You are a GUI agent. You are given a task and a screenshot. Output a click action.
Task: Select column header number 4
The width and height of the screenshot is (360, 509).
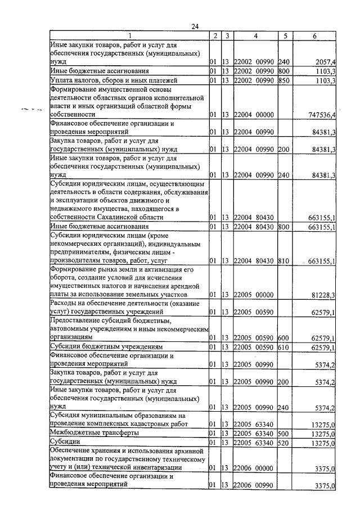pos(255,36)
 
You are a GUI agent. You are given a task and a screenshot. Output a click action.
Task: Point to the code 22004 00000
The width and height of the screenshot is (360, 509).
pos(253,115)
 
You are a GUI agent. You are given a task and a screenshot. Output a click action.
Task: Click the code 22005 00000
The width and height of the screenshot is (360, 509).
pos(253,295)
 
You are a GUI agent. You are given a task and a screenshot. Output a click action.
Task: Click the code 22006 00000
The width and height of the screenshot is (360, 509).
pos(253,468)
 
